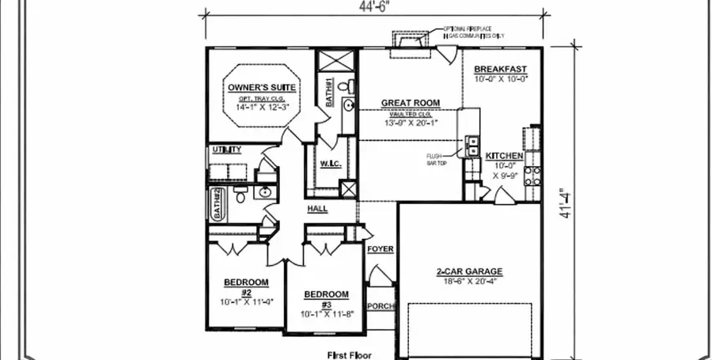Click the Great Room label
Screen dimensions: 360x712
[x=410, y=103]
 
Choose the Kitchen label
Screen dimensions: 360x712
[x=504, y=155]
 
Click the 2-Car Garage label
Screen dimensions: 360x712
[x=469, y=271]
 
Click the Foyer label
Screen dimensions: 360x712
[x=381, y=249]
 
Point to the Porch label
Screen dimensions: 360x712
[x=381, y=306]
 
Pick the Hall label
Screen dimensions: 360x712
[x=318, y=209]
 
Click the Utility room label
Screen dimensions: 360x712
[x=225, y=150]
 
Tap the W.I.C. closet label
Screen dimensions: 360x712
[x=330, y=164]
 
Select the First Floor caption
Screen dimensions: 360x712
[x=349, y=355]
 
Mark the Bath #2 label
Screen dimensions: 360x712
[x=215, y=204]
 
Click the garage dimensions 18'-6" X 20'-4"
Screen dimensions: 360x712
[x=469, y=281]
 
